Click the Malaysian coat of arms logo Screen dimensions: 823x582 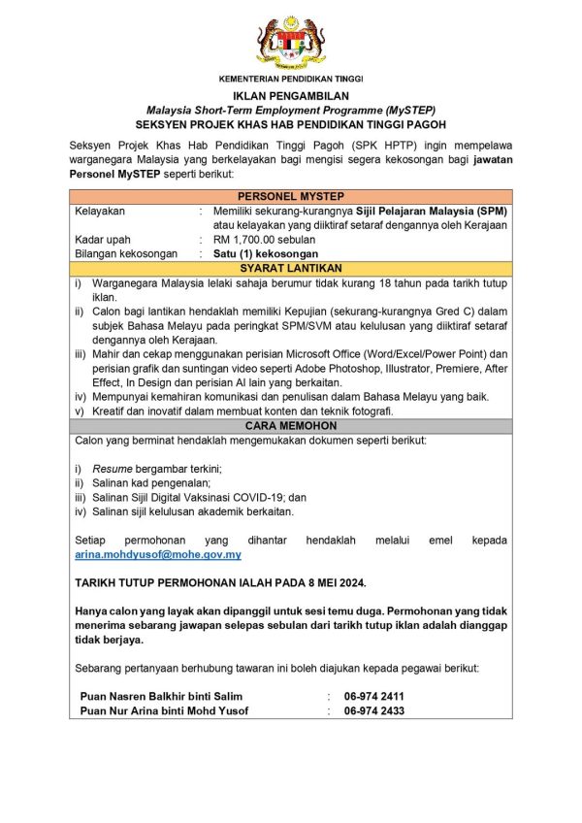pyautogui.click(x=291, y=40)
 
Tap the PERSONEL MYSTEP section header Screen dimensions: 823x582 pyautogui.click(x=291, y=196)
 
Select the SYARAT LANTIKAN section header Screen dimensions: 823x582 pyautogui.click(x=291, y=267)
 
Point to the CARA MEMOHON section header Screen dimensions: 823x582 pyautogui.click(x=291, y=425)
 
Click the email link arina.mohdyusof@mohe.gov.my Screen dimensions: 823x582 pyautogui.click(x=158, y=554)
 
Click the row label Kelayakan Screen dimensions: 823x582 pyautogui.click(x=100, y=211)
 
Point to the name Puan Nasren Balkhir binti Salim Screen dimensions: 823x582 pyautogui.click(x=162, y=696)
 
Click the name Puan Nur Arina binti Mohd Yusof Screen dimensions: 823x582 pyautogui.click(x=164, y=710)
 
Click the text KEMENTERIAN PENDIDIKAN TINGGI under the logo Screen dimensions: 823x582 pyautogui.click(x=291, y=78)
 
